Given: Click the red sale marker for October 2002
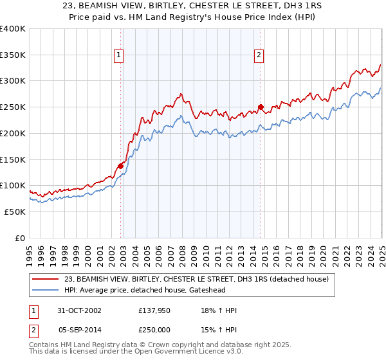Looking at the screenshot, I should click(x=120, y=166).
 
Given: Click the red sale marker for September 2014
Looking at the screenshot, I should click(x=261, y=107).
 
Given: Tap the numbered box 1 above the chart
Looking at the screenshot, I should click(x=120, y=56).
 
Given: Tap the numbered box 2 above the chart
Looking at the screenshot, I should click(x=259, y=56).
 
